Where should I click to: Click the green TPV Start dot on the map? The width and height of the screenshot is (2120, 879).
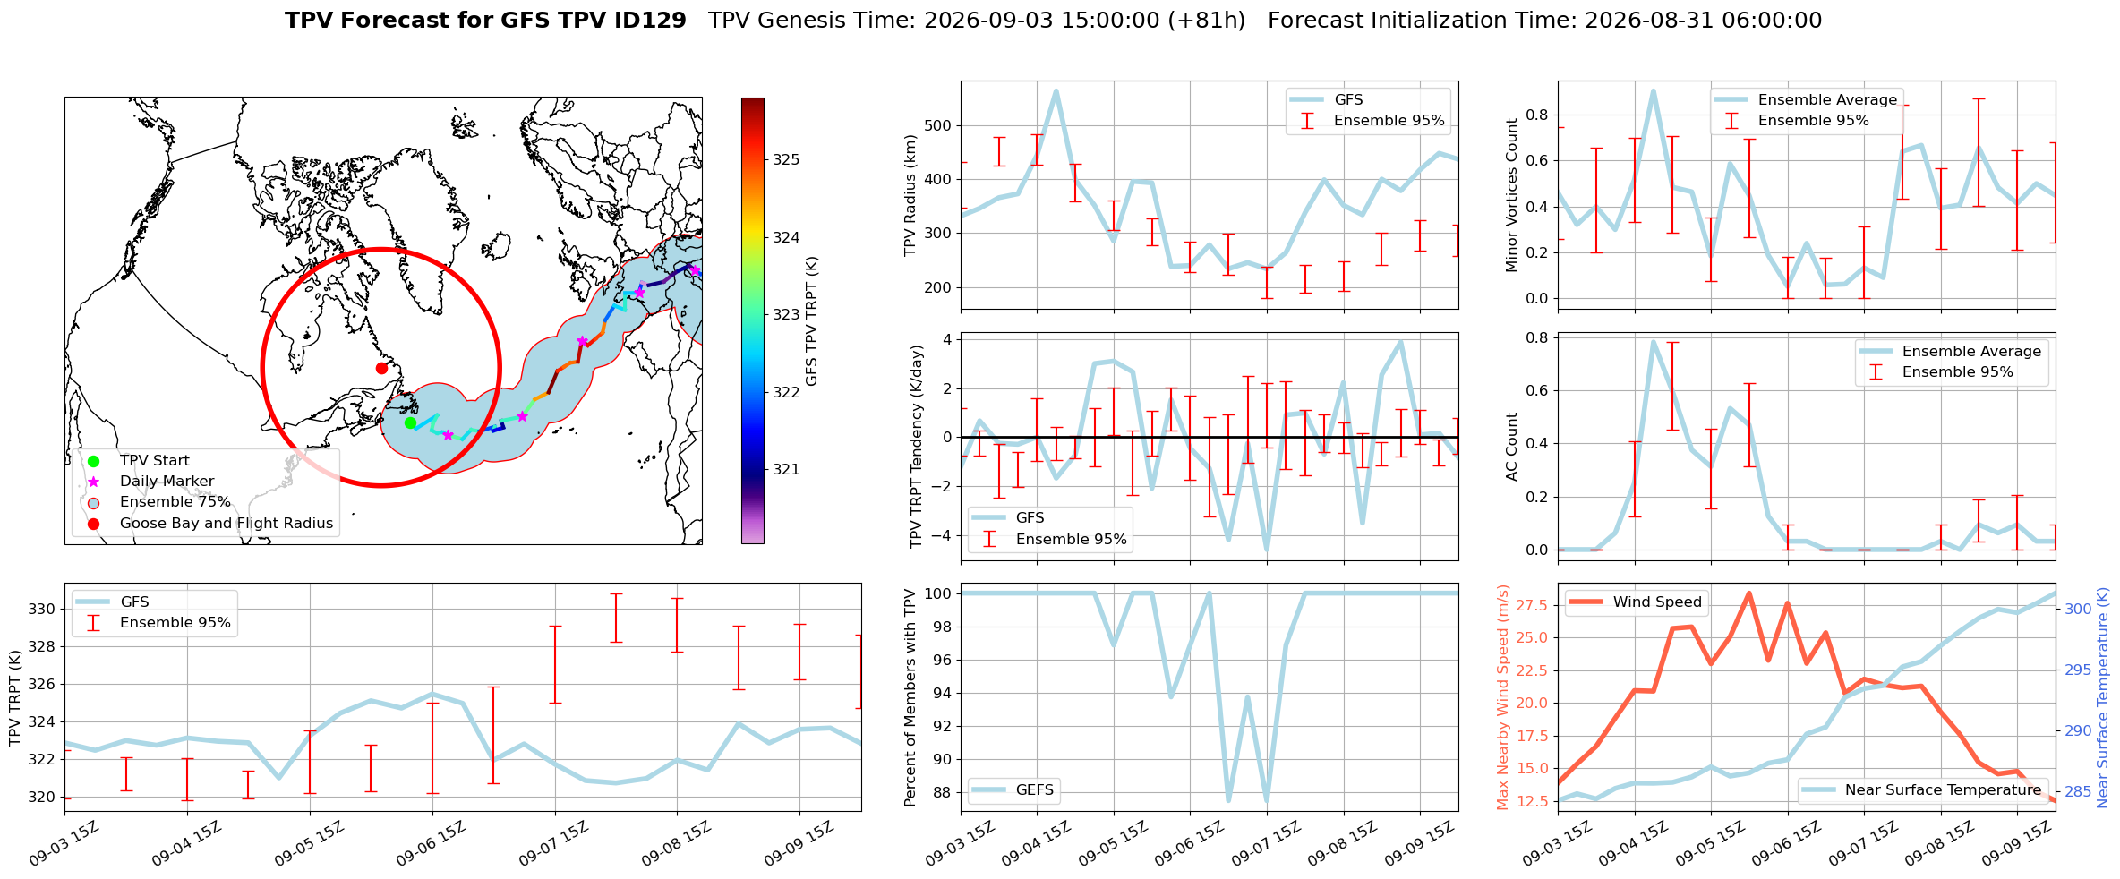pos(410,422)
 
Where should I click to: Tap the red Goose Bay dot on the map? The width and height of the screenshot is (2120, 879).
pos(381,368)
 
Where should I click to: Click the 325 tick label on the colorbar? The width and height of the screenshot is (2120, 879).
pos(786,160)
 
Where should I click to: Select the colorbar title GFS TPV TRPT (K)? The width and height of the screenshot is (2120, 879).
pos(812,321)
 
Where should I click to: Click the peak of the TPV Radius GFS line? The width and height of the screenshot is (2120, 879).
pos(1056,90)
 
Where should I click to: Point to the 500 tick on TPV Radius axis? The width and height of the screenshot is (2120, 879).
pos(937,125)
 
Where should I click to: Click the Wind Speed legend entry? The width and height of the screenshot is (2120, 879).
pos(1637,602)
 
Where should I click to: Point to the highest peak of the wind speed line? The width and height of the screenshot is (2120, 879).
pos(1748,593)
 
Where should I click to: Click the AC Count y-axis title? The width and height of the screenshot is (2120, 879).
pos(1512,447)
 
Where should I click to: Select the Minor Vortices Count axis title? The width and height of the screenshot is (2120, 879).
pos(1512,195)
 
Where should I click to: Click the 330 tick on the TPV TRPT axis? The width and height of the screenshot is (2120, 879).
pos(43,610)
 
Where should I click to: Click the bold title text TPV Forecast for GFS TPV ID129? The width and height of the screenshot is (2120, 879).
pos(486,21)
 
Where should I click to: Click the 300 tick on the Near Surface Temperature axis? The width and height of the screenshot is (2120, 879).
pos(2078,610)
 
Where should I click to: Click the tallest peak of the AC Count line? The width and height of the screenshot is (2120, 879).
pos(1653,341)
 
